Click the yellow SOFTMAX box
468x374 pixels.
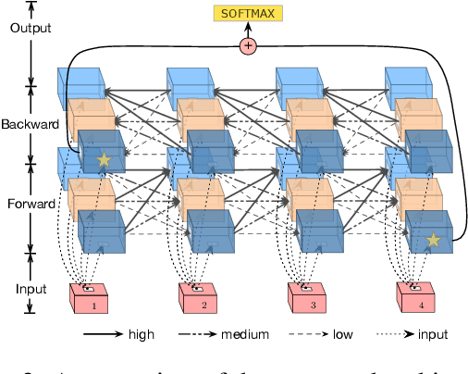(x=248, y=13)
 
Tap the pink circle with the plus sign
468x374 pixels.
(x=248, y=45)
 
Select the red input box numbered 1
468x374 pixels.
(x=90, y=298)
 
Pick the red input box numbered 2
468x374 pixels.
(x=197, y=298)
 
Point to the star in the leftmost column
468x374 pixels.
(x=104, y=161)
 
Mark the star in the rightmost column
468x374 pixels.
(x=431, y=241)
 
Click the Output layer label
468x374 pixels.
(x=31, y=28)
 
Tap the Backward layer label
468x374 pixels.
(x=31, y=124)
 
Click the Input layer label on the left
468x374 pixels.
(x=31, y=288)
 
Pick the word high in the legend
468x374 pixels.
(x=141, y=334)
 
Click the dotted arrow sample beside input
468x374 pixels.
(x=399, y=334)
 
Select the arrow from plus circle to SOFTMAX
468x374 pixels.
(x=248, y=30)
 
